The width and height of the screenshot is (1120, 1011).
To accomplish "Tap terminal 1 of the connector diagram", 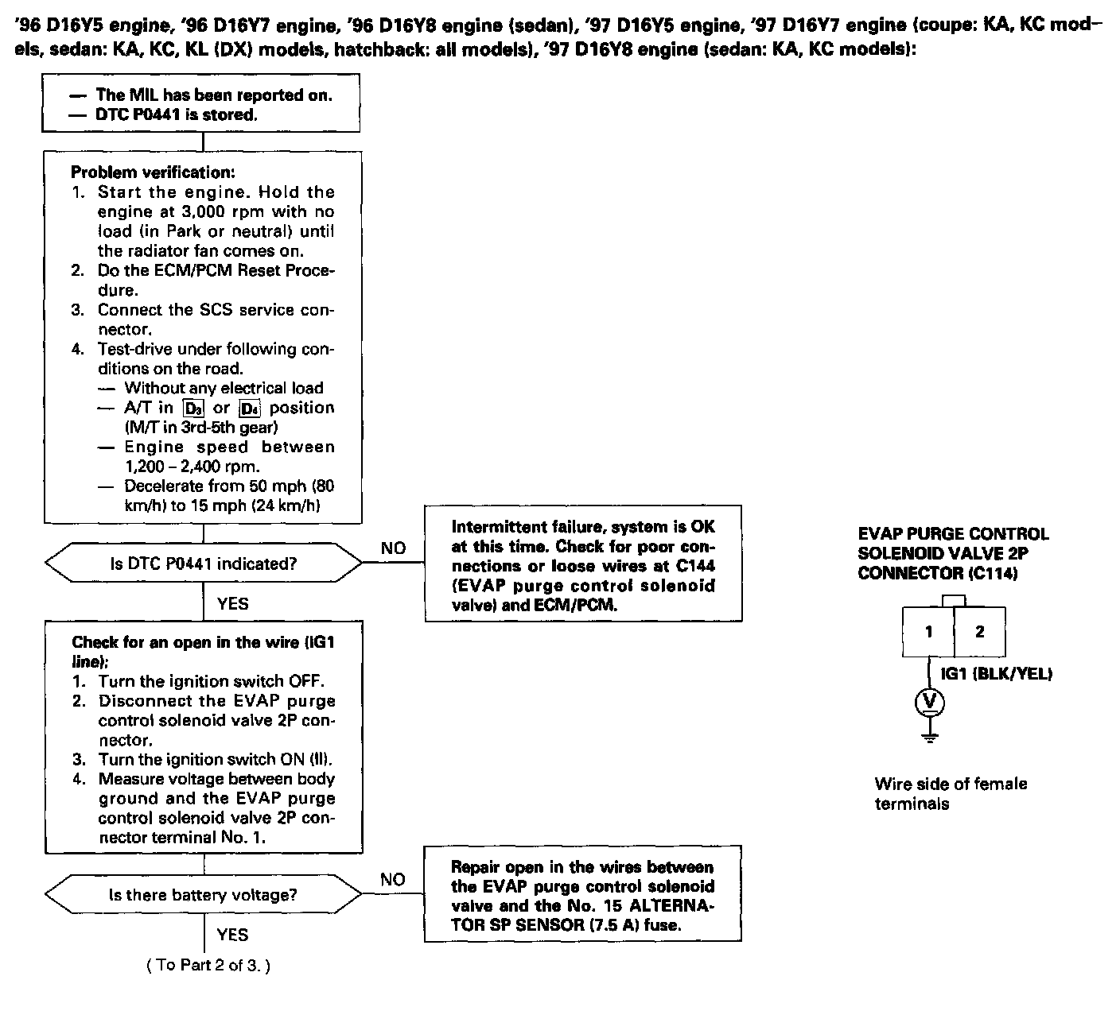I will (x=928, y=633).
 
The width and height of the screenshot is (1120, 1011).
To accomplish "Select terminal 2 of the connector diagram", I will (x=980, y=632).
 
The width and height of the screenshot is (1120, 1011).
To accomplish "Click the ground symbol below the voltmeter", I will (x=929, y=736).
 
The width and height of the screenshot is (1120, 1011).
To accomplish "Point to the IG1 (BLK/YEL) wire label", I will (x=997, y=674).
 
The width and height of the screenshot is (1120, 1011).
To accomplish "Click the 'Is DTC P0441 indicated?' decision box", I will (x=203, y=564).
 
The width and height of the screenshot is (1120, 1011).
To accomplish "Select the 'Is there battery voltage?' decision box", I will (x=203, y=895).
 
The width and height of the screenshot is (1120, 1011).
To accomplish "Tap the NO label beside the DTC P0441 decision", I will (x=393, y=548).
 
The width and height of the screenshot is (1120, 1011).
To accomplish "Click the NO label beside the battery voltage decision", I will (x=393, y=880).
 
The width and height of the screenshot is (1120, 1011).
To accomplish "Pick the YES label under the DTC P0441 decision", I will (x=232, y=604).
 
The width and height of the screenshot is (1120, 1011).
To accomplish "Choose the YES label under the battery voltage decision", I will (x=232, y=935).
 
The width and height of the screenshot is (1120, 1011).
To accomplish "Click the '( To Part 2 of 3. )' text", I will (x=208, y=966).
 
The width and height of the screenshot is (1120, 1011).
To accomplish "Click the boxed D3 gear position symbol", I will (x=193, y=409).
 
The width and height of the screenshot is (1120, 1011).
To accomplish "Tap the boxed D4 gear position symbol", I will (x=250, y=409).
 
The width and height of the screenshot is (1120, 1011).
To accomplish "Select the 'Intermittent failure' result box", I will (x=583, y=564).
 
